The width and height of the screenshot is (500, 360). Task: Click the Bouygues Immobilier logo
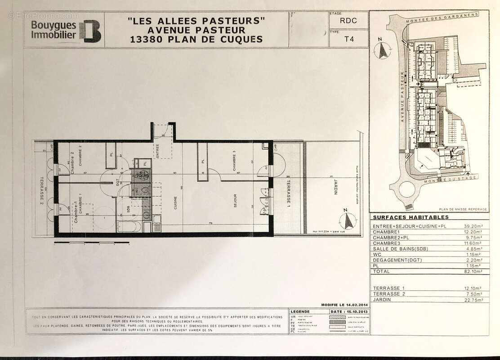pyautogui.click(x=66, y=30)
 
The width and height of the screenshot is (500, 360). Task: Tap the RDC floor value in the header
pyautogui.click(x=348, y=20)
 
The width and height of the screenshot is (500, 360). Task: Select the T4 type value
pyautogui.click(x=349, y=39)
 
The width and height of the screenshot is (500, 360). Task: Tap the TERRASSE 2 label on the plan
pyautogui.click(x=41, y=189)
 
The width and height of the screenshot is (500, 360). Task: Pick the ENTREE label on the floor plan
pyautogui.click(x=157, y=149)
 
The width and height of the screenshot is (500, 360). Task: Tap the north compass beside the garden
pyautogui.click(x=347, y=220)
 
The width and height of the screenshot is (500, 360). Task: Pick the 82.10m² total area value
pyautogui.click(x=473, y=271)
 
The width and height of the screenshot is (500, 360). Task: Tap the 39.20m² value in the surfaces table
pyautogui.click(x=473, y=226)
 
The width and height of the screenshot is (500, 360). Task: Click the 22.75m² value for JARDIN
pyautogui.click(x=473, y=300)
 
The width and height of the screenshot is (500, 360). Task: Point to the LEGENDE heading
pyautogui.click(x=300, y=311)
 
